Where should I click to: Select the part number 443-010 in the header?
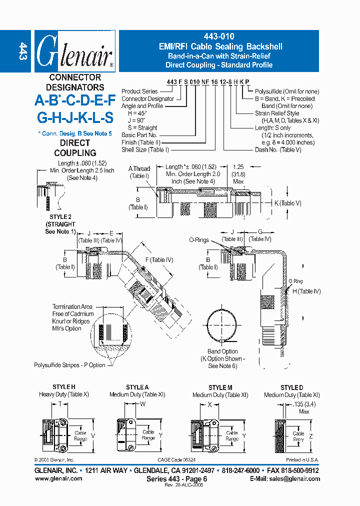pos(220,36)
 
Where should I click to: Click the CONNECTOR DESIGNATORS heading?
pos(75,82)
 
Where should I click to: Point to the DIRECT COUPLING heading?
pos(75,147)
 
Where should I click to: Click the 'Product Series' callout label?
pos(139,91)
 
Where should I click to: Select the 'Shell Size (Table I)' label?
pos(145,149)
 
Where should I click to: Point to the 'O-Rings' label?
pos(198,240)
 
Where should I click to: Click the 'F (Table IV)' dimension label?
pos(158,259)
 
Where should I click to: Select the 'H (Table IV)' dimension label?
pos(306,291)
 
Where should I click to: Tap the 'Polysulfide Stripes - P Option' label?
pos(69,365)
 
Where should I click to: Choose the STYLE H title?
pos(64,387)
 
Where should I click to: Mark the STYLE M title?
pos(220,387)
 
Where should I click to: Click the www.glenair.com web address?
pos(58,478)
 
